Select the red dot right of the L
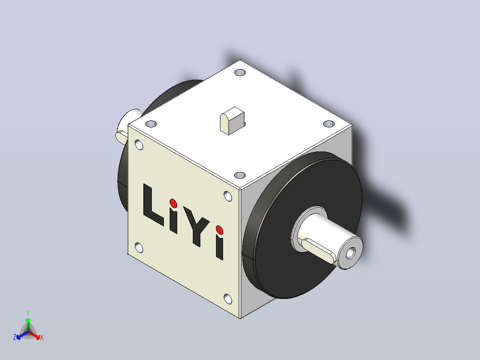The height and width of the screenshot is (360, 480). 173,203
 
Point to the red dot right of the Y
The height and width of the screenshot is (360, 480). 220,230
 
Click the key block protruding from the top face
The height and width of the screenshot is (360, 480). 232,121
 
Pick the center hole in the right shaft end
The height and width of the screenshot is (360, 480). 350,254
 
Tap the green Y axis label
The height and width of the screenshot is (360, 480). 28,313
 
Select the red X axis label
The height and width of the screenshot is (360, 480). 42,337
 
